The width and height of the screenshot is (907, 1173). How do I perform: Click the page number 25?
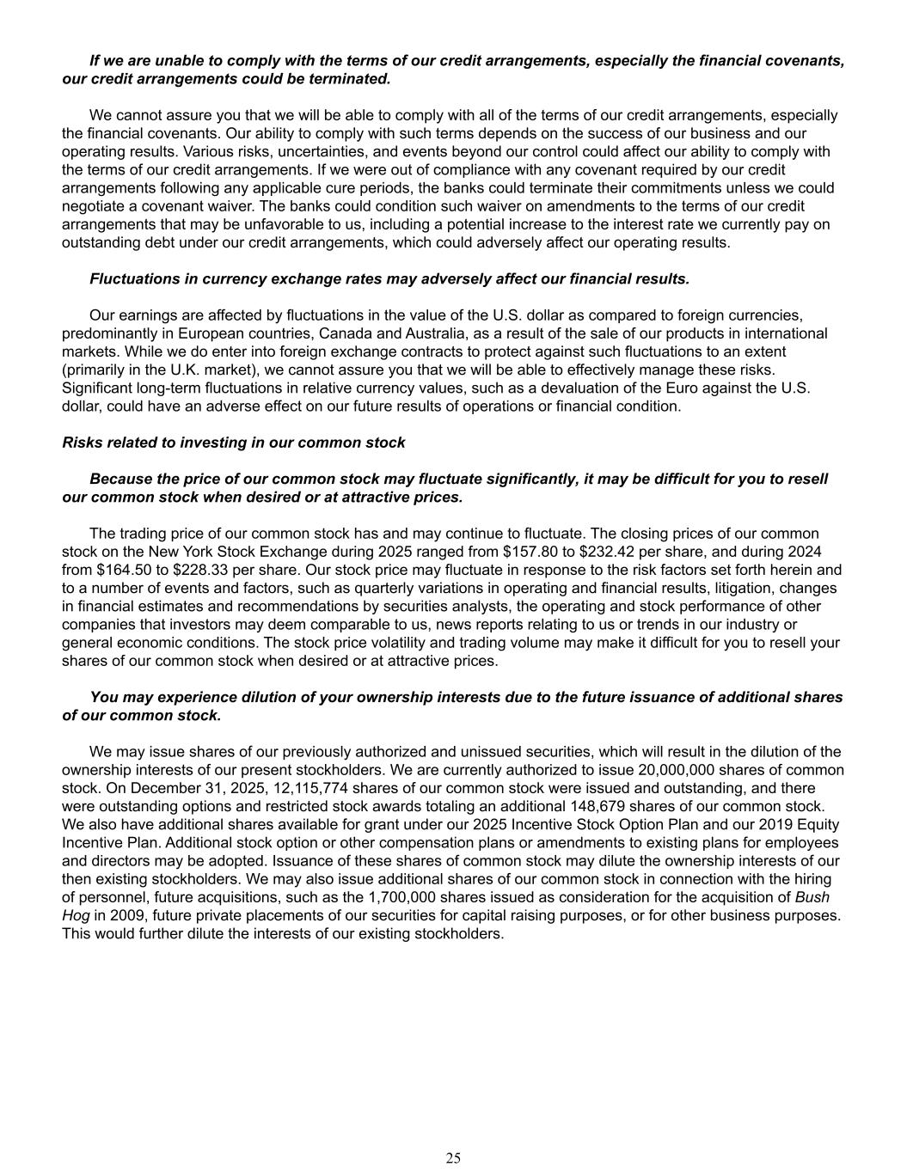(x=453, y=1158)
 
